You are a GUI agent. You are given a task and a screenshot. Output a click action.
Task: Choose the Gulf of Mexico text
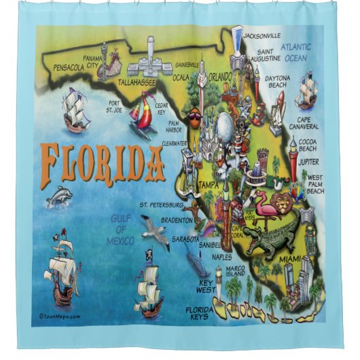pyautogui.click(x=122, y=228)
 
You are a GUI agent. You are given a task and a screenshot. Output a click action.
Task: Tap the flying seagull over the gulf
pyautogui.click(x=156, y=231)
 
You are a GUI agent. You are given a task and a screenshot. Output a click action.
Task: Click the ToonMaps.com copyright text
pyautogui.click(x=60, y=315)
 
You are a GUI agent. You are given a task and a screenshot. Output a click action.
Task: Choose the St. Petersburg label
pyautogui.click(x=161, y=204)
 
